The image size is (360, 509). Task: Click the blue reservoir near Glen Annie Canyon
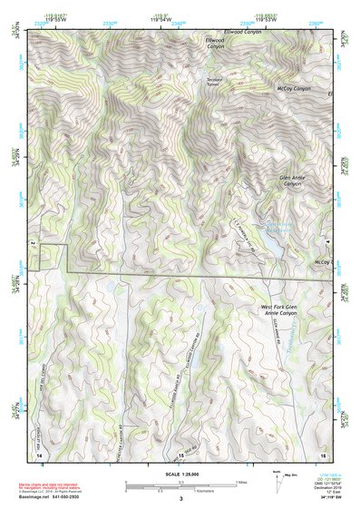coord(274,243)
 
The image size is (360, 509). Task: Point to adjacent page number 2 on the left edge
coord(34,244)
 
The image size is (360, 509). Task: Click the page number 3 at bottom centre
coord(180,499)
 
